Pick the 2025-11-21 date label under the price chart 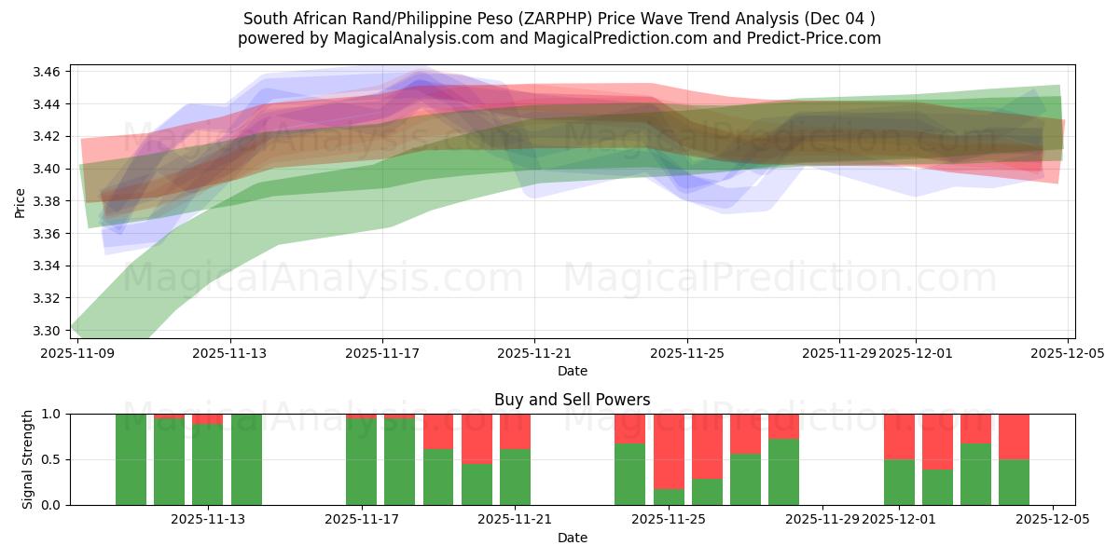point(534,353)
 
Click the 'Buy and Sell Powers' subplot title point(572,400)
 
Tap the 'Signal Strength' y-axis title point(28,458)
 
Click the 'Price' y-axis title point(21,201)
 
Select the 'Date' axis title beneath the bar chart point(572,538)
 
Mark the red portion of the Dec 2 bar point(937,442)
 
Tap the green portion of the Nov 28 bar point(783,471)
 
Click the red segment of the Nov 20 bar point(477,438)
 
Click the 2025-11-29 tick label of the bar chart point(822,519)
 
